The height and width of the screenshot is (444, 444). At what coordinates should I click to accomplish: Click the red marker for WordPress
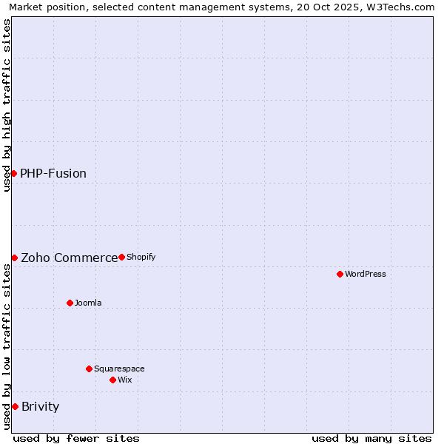340,274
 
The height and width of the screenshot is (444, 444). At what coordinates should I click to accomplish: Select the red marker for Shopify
121,257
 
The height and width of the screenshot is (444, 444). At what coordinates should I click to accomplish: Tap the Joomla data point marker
70,303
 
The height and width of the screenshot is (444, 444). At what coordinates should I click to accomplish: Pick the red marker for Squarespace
89,369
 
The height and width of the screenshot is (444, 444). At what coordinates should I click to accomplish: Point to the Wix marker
112,380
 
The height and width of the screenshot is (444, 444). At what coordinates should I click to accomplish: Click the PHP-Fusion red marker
13,173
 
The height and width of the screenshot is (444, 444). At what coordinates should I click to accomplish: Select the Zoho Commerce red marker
14,258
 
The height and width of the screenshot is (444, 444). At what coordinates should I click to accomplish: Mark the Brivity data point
15,406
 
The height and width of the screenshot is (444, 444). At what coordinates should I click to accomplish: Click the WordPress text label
366,274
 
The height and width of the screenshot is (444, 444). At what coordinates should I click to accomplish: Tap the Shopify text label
141,257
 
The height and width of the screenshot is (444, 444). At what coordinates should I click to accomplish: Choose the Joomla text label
88,303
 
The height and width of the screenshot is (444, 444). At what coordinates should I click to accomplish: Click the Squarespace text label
119,369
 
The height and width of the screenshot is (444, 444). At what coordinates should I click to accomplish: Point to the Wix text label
125,380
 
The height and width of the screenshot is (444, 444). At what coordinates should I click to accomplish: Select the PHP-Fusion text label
53,173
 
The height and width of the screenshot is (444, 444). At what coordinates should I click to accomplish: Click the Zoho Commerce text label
69,258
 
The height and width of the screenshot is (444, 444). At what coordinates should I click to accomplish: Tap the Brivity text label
40,406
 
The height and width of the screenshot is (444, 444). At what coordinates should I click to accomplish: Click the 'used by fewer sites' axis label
76,438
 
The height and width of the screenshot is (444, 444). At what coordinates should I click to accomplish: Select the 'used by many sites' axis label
371,438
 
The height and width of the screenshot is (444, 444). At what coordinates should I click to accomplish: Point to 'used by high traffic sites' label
7,105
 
